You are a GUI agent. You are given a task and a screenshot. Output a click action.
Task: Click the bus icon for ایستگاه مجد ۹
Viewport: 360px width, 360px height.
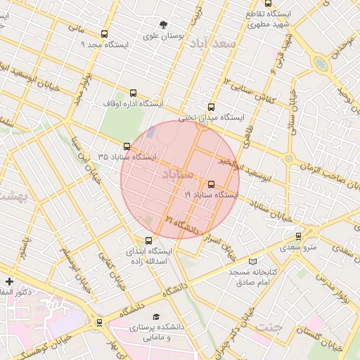(105, 34)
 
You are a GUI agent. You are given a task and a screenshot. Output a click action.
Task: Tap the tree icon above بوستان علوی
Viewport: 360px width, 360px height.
(164, 23)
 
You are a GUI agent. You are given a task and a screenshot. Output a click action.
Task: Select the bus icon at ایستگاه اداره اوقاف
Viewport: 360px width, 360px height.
(134, 93)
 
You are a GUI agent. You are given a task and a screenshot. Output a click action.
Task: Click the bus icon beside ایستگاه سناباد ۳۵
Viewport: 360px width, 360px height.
(127, 146)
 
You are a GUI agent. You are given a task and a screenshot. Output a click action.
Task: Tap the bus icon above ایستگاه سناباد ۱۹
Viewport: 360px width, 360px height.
(211, 184)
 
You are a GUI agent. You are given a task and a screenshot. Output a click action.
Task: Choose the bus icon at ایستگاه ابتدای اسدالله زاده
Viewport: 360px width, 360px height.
(148, 240)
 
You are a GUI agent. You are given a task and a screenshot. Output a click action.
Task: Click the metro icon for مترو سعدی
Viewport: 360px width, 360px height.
(299, 236)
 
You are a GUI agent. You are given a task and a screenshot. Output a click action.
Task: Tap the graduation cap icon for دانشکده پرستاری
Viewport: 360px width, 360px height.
(156, 317)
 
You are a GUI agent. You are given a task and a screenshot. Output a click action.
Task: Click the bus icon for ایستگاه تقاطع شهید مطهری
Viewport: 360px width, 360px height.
(269, 4)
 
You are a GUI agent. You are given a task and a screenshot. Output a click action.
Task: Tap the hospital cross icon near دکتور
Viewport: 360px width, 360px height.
(8, 281)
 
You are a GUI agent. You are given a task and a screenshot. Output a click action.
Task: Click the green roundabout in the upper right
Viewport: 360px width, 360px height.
(321, 64)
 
